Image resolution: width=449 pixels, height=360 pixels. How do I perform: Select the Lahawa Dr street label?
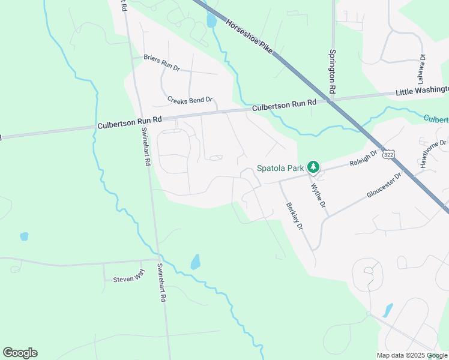coord(422,69)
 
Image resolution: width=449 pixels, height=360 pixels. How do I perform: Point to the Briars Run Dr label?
coord(161,62)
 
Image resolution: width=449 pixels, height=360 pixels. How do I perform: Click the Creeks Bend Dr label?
coord(190,100)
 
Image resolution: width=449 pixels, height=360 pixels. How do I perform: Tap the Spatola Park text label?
coord(280,167)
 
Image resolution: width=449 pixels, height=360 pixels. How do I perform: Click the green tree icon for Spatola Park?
coord(313,167)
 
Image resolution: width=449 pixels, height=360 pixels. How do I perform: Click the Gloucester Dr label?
coord(384,187)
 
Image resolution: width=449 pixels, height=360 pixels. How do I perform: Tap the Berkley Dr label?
coord(294,217)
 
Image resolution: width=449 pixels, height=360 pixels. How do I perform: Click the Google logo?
coord(20,353)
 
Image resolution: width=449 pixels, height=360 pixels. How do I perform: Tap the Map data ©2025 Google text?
coord(412,355)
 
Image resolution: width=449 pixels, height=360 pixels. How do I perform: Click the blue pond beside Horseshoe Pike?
coord(211,21)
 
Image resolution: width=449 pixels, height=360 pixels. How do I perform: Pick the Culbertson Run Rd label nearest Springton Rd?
coord(284,106)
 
